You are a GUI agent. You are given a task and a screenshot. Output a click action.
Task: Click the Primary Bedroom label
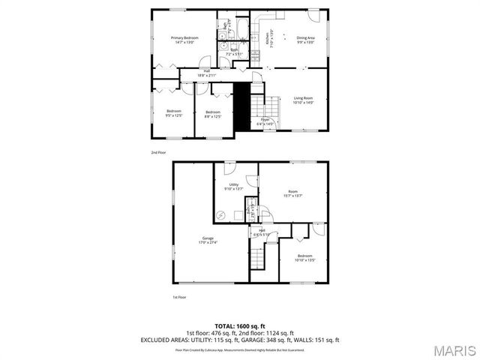pyautogui.click(x=184, y=40)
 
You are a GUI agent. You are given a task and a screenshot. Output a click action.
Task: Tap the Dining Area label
pyautogui.click(x=305, y=40)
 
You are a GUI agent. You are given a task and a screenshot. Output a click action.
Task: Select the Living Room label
pyautogui.click(x=303, y=100)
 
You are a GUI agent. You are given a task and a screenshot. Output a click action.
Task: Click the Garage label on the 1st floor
pyautogui.click(x=207, y=240)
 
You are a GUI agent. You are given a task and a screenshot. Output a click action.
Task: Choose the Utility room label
pyautogui.click(x=234, y=186)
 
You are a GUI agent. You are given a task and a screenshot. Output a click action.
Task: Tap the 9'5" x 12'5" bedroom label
pyautogui.click(x=174, y=113)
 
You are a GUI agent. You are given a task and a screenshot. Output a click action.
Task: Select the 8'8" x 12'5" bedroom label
pyautogui.click(x=213, y=113)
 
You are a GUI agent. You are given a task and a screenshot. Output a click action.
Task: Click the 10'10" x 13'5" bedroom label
pyautogui.click(x=304, y=257)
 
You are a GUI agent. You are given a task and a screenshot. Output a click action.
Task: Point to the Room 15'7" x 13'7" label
pyautogui.click(x=292, y=193)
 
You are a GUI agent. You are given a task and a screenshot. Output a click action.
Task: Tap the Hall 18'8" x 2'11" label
pyautogui.click(x=205, y=73)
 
